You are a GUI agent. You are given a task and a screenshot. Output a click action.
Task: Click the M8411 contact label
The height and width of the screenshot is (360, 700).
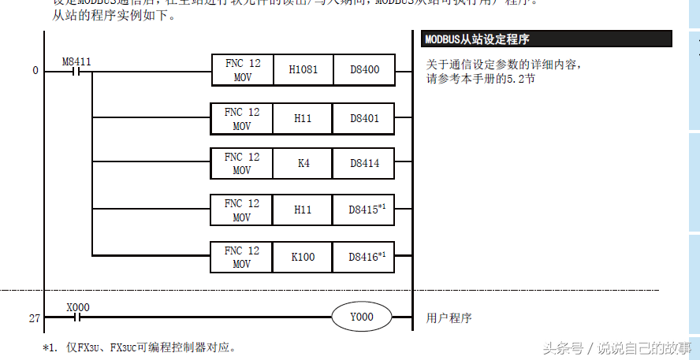coord(76,60)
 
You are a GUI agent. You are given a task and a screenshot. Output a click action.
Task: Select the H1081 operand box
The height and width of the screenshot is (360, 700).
coord(303,70)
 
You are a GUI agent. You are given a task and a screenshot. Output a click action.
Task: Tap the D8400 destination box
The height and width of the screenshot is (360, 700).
coord(364,70)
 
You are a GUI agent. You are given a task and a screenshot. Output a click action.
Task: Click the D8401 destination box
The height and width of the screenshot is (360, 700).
coord(364,119)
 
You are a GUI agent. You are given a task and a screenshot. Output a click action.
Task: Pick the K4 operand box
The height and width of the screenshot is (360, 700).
coord(303,164)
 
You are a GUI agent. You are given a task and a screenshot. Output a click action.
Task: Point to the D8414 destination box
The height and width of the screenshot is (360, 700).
coord(364,164)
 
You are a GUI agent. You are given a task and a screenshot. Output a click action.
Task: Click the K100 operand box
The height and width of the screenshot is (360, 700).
coord(303,256)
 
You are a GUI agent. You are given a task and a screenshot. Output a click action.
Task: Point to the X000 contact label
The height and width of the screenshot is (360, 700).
coord(76,307)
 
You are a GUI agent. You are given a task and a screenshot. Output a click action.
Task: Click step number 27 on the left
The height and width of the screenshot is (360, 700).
coord(34,318)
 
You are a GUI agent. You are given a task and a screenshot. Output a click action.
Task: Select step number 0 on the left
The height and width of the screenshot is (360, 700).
coord(35,71)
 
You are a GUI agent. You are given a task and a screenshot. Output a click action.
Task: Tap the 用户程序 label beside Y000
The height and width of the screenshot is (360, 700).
coord(449,318)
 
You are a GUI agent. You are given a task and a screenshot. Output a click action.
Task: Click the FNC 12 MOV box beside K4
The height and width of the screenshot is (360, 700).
coord(241,164)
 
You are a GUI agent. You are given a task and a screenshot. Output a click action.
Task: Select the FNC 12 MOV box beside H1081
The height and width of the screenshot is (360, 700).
coord(241,70)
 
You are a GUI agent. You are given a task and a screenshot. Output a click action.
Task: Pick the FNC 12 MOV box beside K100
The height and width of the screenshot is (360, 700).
coord(241,257)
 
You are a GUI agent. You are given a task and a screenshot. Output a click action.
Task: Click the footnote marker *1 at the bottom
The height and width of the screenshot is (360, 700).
coord(49,347)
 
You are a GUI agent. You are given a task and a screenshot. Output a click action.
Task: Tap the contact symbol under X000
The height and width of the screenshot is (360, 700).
coord(76,318)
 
